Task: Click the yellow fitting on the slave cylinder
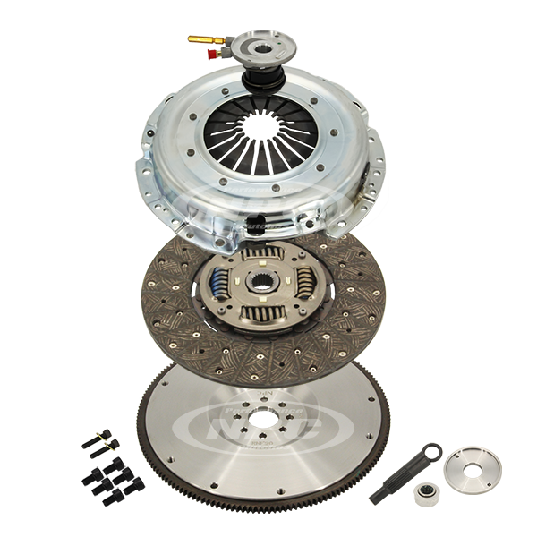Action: point(200,38)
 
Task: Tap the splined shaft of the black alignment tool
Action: point(394,489)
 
